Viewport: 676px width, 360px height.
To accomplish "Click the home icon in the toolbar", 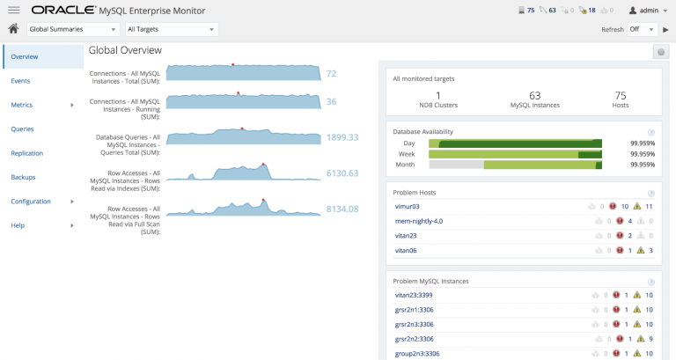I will click(x=13, y=29).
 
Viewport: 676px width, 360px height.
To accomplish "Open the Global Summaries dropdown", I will click(x=72, y=29).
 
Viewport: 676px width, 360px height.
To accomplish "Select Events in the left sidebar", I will click(x=21, y=80).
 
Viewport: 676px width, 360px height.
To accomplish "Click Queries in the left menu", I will click(x=23, y=129).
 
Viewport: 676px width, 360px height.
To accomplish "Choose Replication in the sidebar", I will click(x=27, y=153).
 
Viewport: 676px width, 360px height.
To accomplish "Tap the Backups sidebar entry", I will click(x=24, y=177).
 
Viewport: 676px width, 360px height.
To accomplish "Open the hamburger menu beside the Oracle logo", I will click(x=13, y=10).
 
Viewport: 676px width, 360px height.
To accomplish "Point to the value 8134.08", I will click(x=342, y=209).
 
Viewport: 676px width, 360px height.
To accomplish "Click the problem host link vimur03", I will click(x=408, y=206).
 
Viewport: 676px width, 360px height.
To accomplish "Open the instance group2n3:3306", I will click(x=417, y=354).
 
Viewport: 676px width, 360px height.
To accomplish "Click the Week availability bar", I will click(x=515, y=154).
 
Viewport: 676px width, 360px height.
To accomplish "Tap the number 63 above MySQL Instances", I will click(x=534, y=94).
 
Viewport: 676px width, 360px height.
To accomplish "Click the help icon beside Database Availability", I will click(x=650, y=131).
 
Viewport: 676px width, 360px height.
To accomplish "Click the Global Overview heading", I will click(x=125, y=51).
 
